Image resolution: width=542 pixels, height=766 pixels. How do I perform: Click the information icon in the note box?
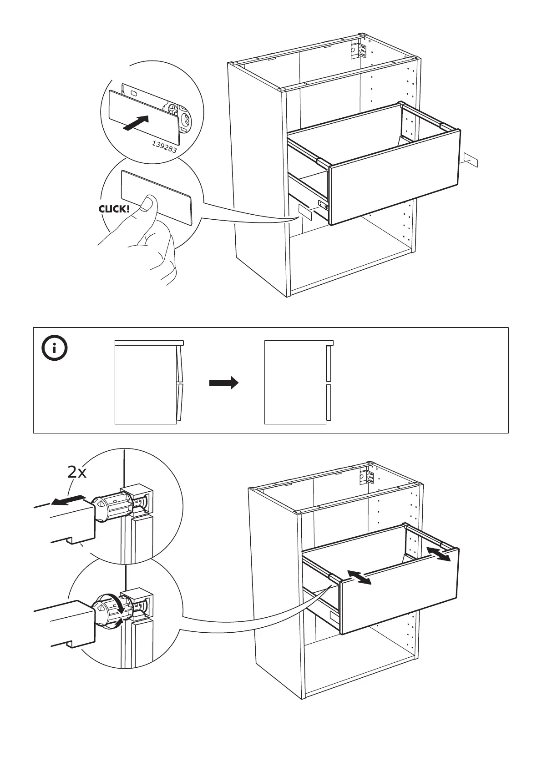tap(54, 349)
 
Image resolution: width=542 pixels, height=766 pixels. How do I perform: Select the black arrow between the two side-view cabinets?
tap(223, 383)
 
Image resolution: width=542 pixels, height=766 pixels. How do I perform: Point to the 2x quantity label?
tap(77, 473)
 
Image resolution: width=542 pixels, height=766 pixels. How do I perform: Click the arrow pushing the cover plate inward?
tap(137, 123)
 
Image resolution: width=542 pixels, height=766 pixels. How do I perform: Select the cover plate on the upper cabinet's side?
tap(304, 212)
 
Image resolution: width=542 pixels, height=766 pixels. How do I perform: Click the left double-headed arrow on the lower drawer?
tap(358, 577)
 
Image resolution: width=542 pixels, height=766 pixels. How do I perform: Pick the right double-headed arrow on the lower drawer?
tap(439, 554)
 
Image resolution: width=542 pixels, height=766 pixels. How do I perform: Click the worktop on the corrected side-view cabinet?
tap(299, 342)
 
